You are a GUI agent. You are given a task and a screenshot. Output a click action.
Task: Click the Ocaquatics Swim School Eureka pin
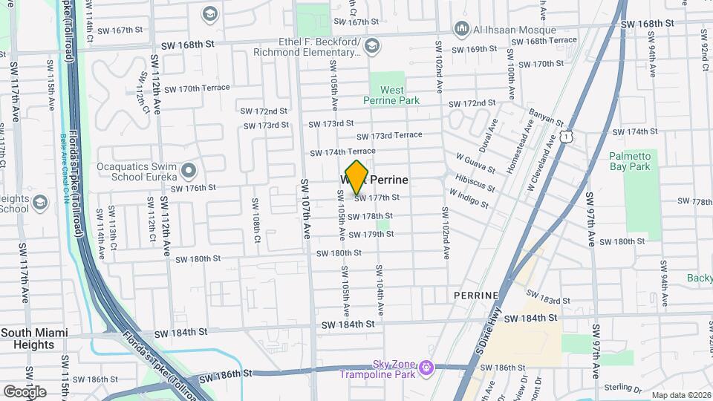pos(189,172)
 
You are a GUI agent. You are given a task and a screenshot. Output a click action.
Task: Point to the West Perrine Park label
pos(393,95)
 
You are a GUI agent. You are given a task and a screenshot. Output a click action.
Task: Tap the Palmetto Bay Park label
pos(630,161)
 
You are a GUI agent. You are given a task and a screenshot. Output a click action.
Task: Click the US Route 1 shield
pos(567,136)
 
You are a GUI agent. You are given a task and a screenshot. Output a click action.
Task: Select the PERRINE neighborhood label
pos(476,296)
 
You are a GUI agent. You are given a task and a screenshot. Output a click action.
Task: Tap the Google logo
pos(25,391)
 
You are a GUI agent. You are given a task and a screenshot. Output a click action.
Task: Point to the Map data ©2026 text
pos(681,395)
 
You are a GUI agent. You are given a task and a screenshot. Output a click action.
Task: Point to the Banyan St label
pos(547,117)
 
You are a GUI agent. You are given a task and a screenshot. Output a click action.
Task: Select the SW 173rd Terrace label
pos(389,136)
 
